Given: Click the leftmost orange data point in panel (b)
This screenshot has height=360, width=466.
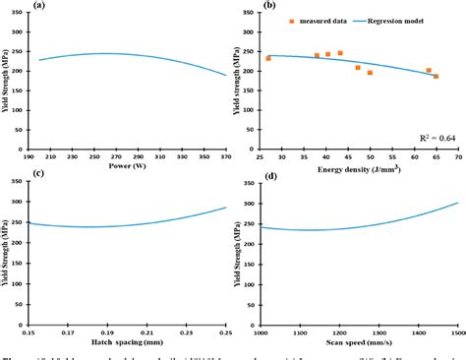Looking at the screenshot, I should (268, 58).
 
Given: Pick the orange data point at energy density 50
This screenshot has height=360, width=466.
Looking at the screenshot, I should (370, 73).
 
